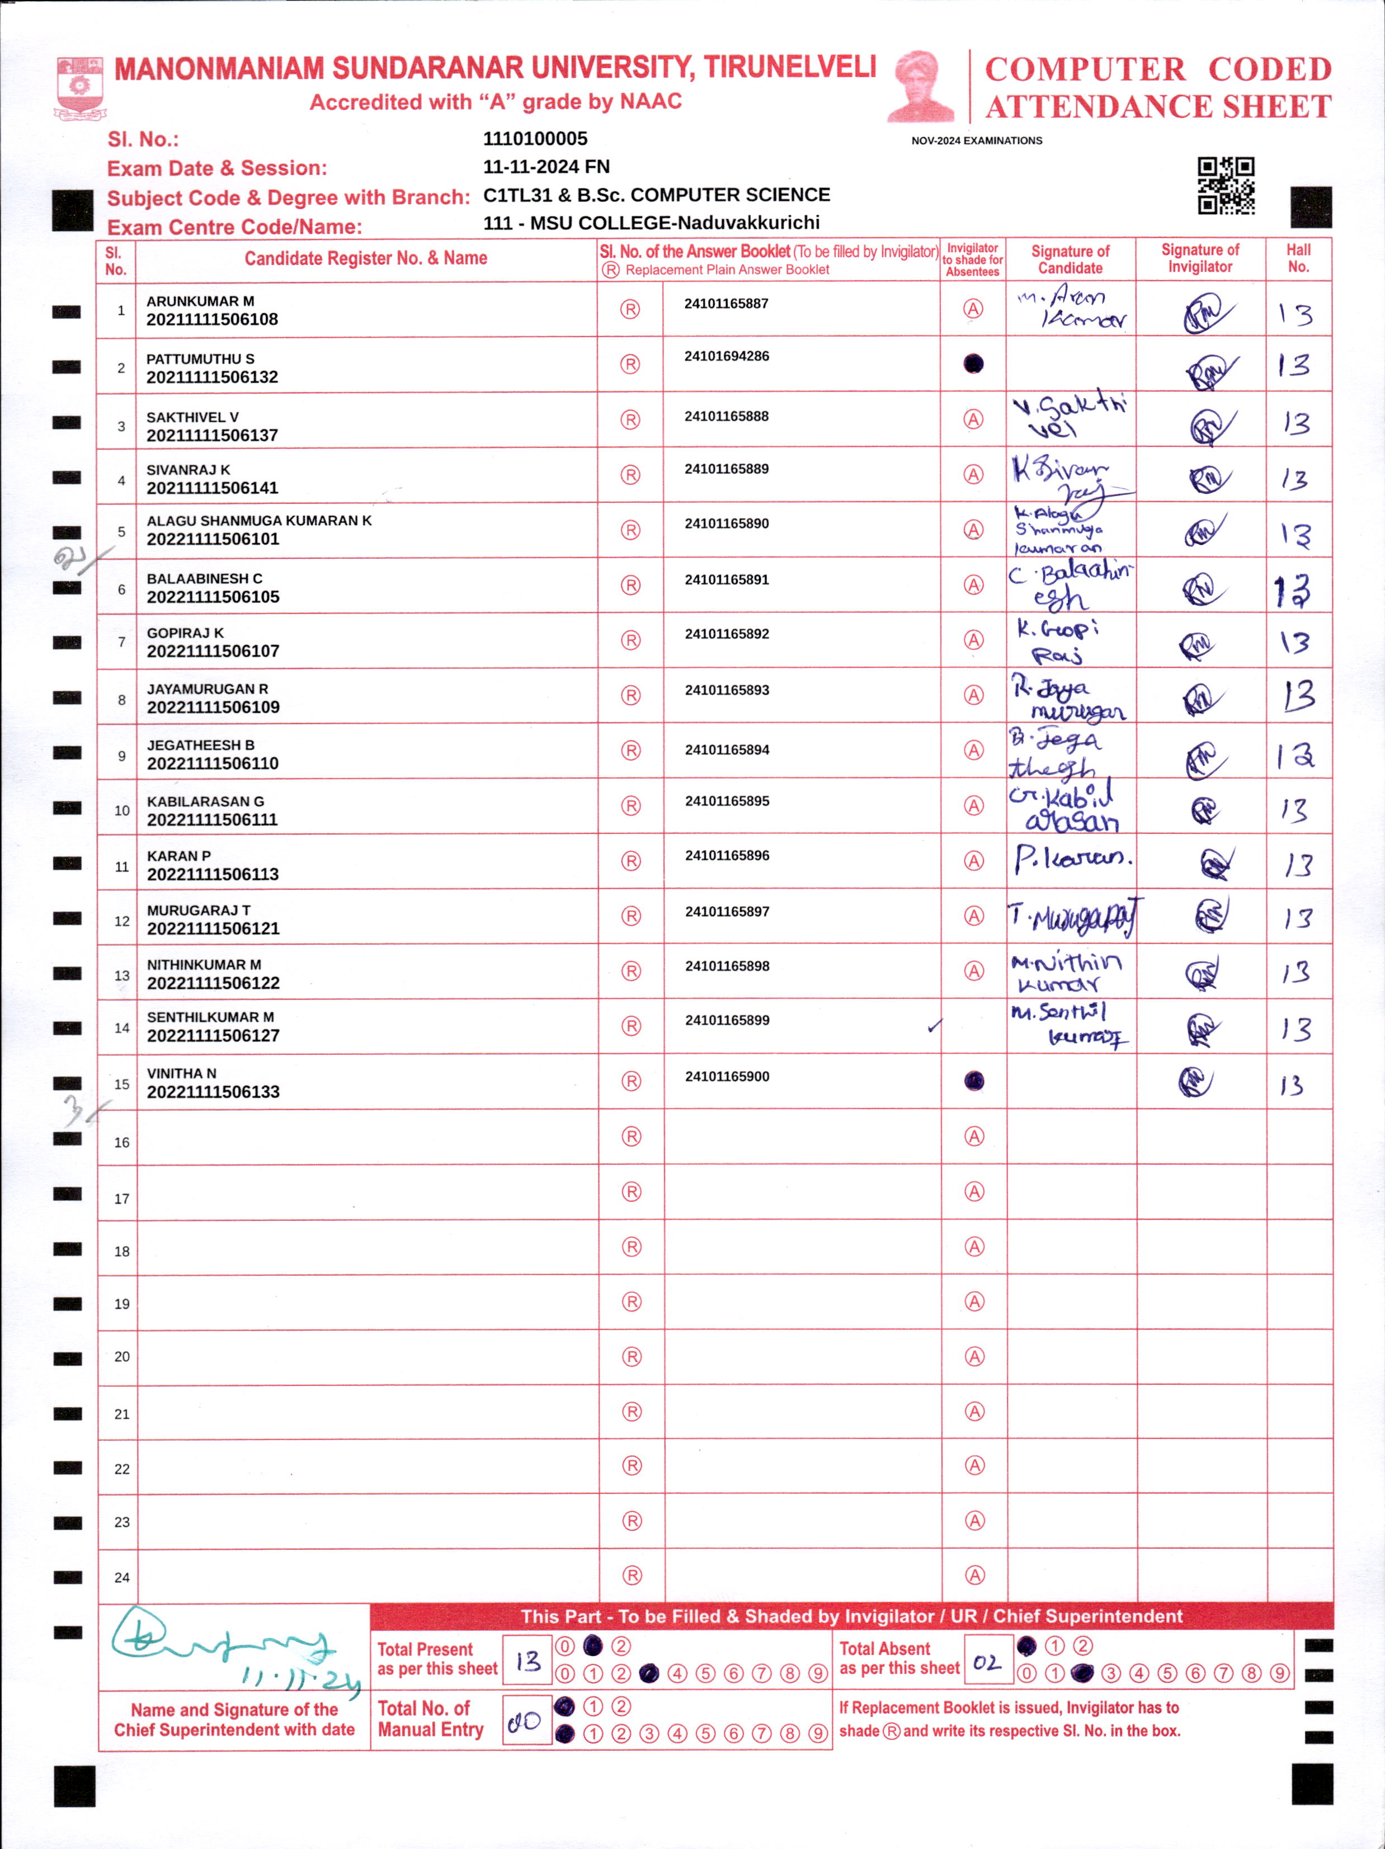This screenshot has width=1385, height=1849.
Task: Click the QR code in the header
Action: click(1226, 186)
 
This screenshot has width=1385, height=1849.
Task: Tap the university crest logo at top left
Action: click(79, 87)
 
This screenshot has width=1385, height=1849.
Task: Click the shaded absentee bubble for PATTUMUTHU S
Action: click(973, 364)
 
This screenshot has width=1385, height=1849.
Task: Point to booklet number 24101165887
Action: click(726, 304)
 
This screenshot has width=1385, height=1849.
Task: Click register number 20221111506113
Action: click(213, 874)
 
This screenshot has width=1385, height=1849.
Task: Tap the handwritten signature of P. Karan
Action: click(1072, 859)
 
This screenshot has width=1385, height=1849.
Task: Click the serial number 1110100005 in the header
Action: click(535, 139)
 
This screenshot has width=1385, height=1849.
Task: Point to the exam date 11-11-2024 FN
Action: click(546, 166)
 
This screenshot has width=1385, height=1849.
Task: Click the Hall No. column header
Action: click(1298, 258)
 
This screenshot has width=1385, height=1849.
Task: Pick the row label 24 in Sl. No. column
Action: click(122, 1577)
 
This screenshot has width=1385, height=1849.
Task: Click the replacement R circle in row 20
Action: click(632, 1357)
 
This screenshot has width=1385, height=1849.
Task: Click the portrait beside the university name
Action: click(920, 86)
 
